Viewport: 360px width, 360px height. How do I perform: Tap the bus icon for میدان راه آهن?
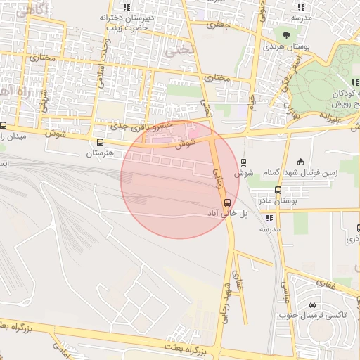[4, 125]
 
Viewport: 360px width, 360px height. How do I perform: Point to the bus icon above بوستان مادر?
[278, 190]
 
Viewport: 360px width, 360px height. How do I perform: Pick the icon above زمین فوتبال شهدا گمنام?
[301, 162]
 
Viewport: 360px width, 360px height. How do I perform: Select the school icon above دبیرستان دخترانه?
[127, 7]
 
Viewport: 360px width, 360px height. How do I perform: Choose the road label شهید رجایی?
[229, 295]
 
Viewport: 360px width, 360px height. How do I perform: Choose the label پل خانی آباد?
[229, 213]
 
